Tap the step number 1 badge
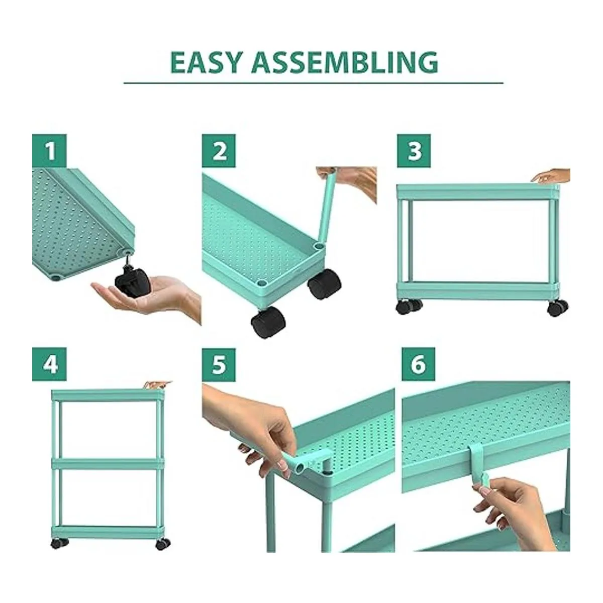pyautogui.click(x=49, y=151)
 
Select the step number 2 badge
pyautogui.click(x=219, y=151)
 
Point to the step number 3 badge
pyautogui.click(x=414, y=151)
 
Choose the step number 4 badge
pyautogui.click(x=49, y=364)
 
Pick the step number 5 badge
pyautogui.click(x=219, y=364)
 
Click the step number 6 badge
pyautogui.click(x=419, y=364)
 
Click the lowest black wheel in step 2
pyautogui.click(x=268, y=322)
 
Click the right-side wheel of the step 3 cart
pyautogui.click(x=557, y=308)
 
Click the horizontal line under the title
pyautogui.click(x=313, y=83)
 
